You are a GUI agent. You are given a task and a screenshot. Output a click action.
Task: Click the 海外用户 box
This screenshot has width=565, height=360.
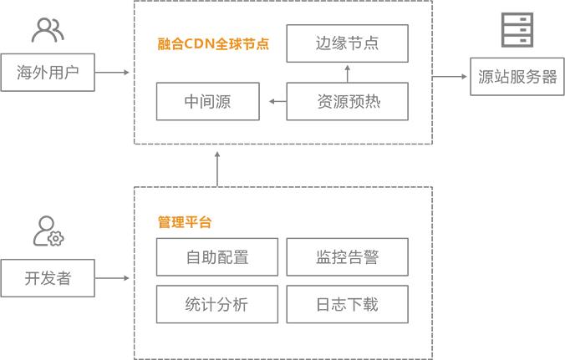click(48, 73)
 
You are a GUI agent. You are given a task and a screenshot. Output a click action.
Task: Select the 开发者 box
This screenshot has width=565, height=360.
click(48, 278)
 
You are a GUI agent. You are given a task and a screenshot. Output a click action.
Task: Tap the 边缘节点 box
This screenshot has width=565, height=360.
click(348, 43)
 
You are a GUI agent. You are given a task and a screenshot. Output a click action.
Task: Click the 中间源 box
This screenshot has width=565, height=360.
click(208, 102)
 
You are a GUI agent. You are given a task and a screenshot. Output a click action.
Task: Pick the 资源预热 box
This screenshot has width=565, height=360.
click(348, 102)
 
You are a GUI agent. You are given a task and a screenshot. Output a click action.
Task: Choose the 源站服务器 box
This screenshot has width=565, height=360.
click(517, 76)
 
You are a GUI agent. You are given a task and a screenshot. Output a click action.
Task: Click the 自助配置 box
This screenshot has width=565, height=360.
click(217, 257)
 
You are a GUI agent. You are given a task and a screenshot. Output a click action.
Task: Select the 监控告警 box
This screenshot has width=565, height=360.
click(348, 257)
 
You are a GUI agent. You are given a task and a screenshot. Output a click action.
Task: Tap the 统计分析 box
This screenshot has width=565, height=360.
click(217, 304)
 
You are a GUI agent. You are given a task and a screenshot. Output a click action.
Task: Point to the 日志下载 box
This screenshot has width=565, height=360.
click(348, 304)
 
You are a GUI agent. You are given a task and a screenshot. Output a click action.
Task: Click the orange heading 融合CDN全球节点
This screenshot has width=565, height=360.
click(213, 44)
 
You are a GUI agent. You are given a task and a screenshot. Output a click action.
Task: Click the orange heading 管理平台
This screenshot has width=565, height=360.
click(185, 222)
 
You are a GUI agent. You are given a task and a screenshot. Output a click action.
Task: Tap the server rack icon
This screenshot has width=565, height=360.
click(517, 30)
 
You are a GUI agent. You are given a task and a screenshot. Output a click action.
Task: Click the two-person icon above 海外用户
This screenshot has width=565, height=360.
click(48, 30)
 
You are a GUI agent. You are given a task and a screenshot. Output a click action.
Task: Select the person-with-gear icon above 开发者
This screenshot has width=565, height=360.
click(48, 231)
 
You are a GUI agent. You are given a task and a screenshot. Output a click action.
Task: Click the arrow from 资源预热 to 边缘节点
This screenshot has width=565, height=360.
click(348, 74)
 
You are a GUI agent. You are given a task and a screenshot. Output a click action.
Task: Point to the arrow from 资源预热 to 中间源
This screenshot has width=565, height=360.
click(277, 102)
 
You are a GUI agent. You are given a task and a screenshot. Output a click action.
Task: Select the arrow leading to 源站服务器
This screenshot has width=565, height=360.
click(450, 76)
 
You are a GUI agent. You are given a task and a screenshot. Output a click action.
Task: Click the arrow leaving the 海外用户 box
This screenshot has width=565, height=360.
click(112, 73)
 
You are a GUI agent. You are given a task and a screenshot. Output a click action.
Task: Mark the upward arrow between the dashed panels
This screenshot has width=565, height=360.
click(217, 170)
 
